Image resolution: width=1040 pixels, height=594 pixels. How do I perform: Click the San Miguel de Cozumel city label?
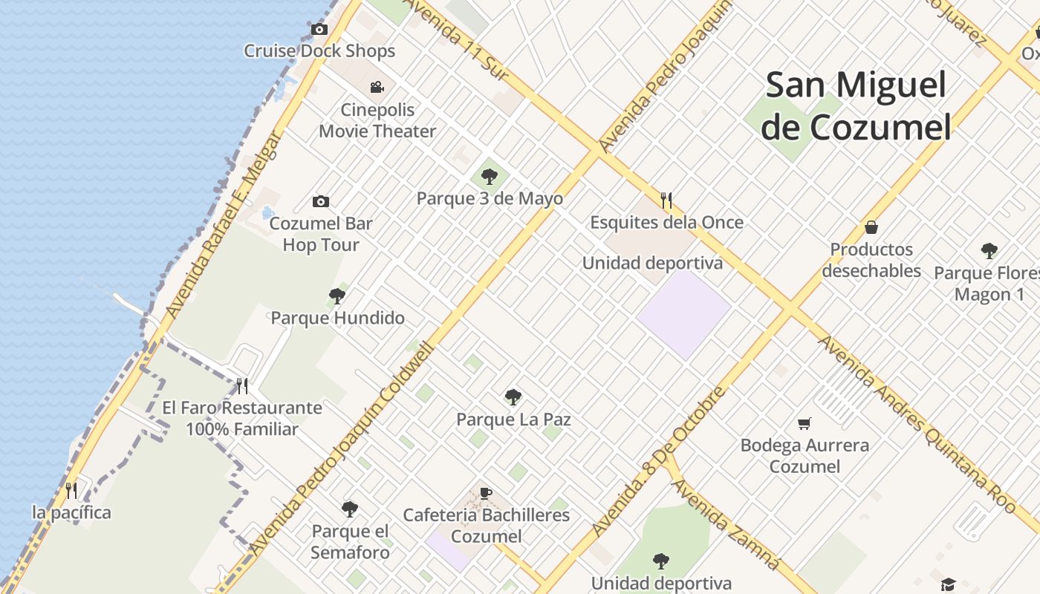(857, 105)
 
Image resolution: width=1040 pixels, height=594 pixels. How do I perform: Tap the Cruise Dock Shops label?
(319, 51)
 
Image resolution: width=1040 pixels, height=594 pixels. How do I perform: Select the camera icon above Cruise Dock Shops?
(319, 30)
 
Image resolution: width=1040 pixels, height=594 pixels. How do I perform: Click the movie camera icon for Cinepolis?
(377, 87)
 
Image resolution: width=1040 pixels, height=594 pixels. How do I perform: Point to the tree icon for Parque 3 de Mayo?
(489, 177)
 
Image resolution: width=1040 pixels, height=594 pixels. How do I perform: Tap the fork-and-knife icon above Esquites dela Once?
(666, 200)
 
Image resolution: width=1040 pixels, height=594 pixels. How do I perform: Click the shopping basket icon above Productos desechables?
(871, 227)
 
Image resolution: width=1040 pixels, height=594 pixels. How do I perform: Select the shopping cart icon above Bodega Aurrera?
(805, 424)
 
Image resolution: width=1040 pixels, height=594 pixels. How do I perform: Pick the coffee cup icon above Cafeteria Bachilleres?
(486, 493)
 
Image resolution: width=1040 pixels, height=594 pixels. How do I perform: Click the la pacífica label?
(71, 512)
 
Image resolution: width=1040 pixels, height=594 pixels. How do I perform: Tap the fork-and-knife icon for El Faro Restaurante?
(241, 386)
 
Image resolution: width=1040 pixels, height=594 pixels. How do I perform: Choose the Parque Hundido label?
(337, 318)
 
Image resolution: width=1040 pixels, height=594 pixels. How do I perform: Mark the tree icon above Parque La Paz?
(513, 397)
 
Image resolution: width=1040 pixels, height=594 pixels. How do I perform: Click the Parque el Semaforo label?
(350, 542)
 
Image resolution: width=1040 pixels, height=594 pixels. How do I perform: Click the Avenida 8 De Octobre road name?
(660, 461)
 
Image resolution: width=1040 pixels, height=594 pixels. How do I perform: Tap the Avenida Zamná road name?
(726, 524)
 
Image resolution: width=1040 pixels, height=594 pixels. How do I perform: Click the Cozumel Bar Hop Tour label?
(321, 234)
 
